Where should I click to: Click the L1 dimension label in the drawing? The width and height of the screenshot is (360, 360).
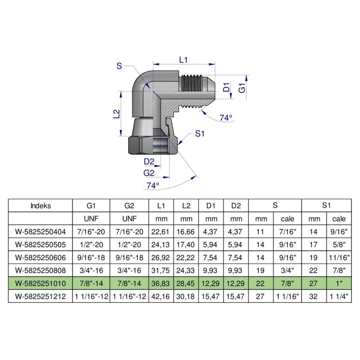pos(183,59)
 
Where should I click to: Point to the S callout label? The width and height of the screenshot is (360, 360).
pos(119,66)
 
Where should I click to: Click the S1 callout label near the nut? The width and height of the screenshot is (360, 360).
pos(200,134)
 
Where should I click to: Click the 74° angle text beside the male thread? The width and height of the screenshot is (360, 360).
pos(226,118)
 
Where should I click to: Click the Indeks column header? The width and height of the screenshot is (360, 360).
pos(40,206)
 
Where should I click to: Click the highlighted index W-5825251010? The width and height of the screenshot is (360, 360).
pos(40,284)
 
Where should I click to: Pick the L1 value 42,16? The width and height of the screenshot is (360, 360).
pos(161,297)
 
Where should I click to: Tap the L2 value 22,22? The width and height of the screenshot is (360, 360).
pos(186,258)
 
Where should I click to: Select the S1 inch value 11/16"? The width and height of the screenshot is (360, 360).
pos(339,258)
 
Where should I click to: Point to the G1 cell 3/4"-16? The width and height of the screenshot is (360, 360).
pos(91,271)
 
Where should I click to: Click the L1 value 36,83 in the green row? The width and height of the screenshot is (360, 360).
pos(161,284)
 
